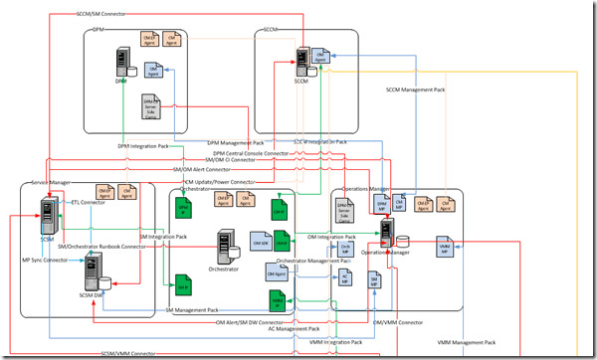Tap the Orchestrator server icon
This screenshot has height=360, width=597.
click(227, 245)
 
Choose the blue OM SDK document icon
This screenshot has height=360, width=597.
click(261, 243)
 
